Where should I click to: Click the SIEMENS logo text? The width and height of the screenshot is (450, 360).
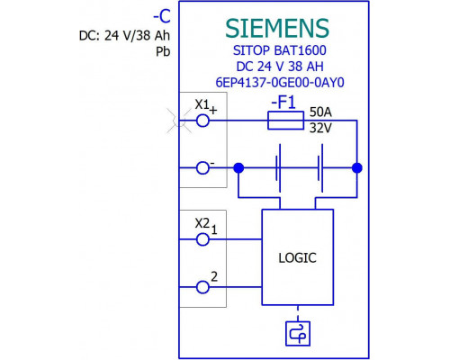point(277,28)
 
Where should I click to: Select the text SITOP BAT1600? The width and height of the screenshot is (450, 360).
point(280,50)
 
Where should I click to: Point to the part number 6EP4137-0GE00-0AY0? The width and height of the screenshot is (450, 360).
point(280,82)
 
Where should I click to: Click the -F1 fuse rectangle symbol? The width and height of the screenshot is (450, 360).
point(285,121)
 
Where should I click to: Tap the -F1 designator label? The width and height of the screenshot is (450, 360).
point(283,103)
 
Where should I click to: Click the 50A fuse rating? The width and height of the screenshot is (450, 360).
point(320,112)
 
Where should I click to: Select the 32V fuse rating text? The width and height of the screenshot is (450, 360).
point(320,128)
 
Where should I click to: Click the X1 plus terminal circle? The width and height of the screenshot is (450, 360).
point(202,121)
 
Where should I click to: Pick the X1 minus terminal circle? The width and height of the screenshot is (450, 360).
point(202,168)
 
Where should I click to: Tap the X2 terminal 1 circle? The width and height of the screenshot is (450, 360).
point(202,239)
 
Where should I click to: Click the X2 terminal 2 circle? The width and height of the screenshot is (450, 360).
point(202,287)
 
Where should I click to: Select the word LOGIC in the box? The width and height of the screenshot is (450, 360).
point(297,258)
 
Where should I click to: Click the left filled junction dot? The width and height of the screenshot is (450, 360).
point(238,168)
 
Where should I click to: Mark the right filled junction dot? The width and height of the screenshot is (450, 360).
point(357,168)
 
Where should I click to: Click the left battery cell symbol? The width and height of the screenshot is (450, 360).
point(278,168)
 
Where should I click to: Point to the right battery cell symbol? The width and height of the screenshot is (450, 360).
point(320,168)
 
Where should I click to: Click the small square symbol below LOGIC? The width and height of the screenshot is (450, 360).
point(298,334)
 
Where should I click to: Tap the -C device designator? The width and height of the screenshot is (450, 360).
point(162,16)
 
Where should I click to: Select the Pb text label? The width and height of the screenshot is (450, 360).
point(163,52)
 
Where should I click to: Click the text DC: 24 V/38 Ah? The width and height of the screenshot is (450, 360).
point(124,36)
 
